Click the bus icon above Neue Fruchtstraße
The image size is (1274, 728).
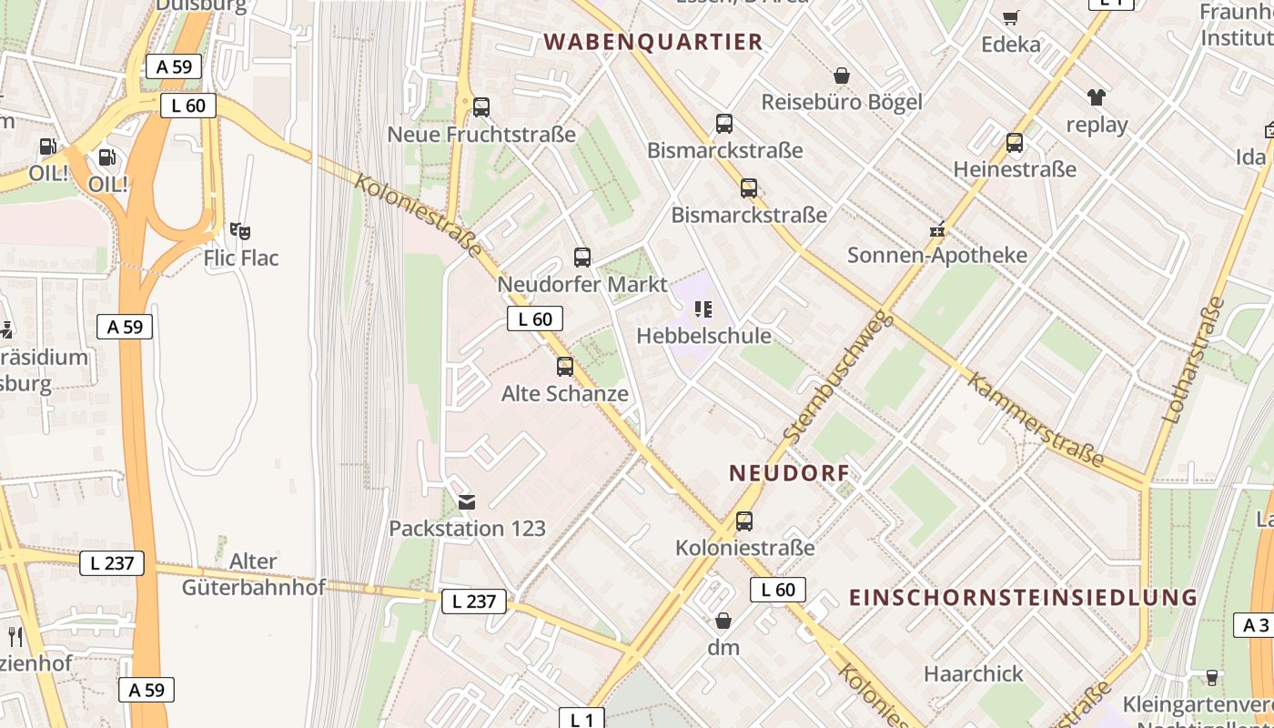tap(481, 107)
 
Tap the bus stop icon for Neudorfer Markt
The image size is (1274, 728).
tap(582, 258)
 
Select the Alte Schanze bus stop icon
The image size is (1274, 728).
tap(565, 367)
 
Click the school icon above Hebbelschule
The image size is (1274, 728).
tap(703, 309)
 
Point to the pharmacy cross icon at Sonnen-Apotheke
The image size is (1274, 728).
tap(937, 230)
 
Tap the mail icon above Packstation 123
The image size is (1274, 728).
tap(467, 501)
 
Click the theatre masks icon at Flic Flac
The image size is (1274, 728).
tap(240, 231)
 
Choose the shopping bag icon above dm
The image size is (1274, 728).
tap(723, 621)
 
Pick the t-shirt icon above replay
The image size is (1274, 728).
tap(1096, 97)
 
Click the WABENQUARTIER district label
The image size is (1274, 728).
tap(652, 42)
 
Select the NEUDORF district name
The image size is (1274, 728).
tap(789, 473)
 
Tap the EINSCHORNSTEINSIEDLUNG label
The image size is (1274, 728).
tap(1023, 598)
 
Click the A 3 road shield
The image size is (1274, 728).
tap(1255, 625)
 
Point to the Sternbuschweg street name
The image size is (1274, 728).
tap(834, 377)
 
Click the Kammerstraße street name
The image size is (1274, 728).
tap(1035, 420)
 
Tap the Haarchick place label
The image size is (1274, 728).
tap(974, 674)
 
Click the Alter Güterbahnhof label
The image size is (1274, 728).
tap(253, 574)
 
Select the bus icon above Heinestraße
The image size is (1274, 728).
tap(1015, 143)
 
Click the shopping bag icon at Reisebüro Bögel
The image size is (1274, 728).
tap(842, 76)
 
